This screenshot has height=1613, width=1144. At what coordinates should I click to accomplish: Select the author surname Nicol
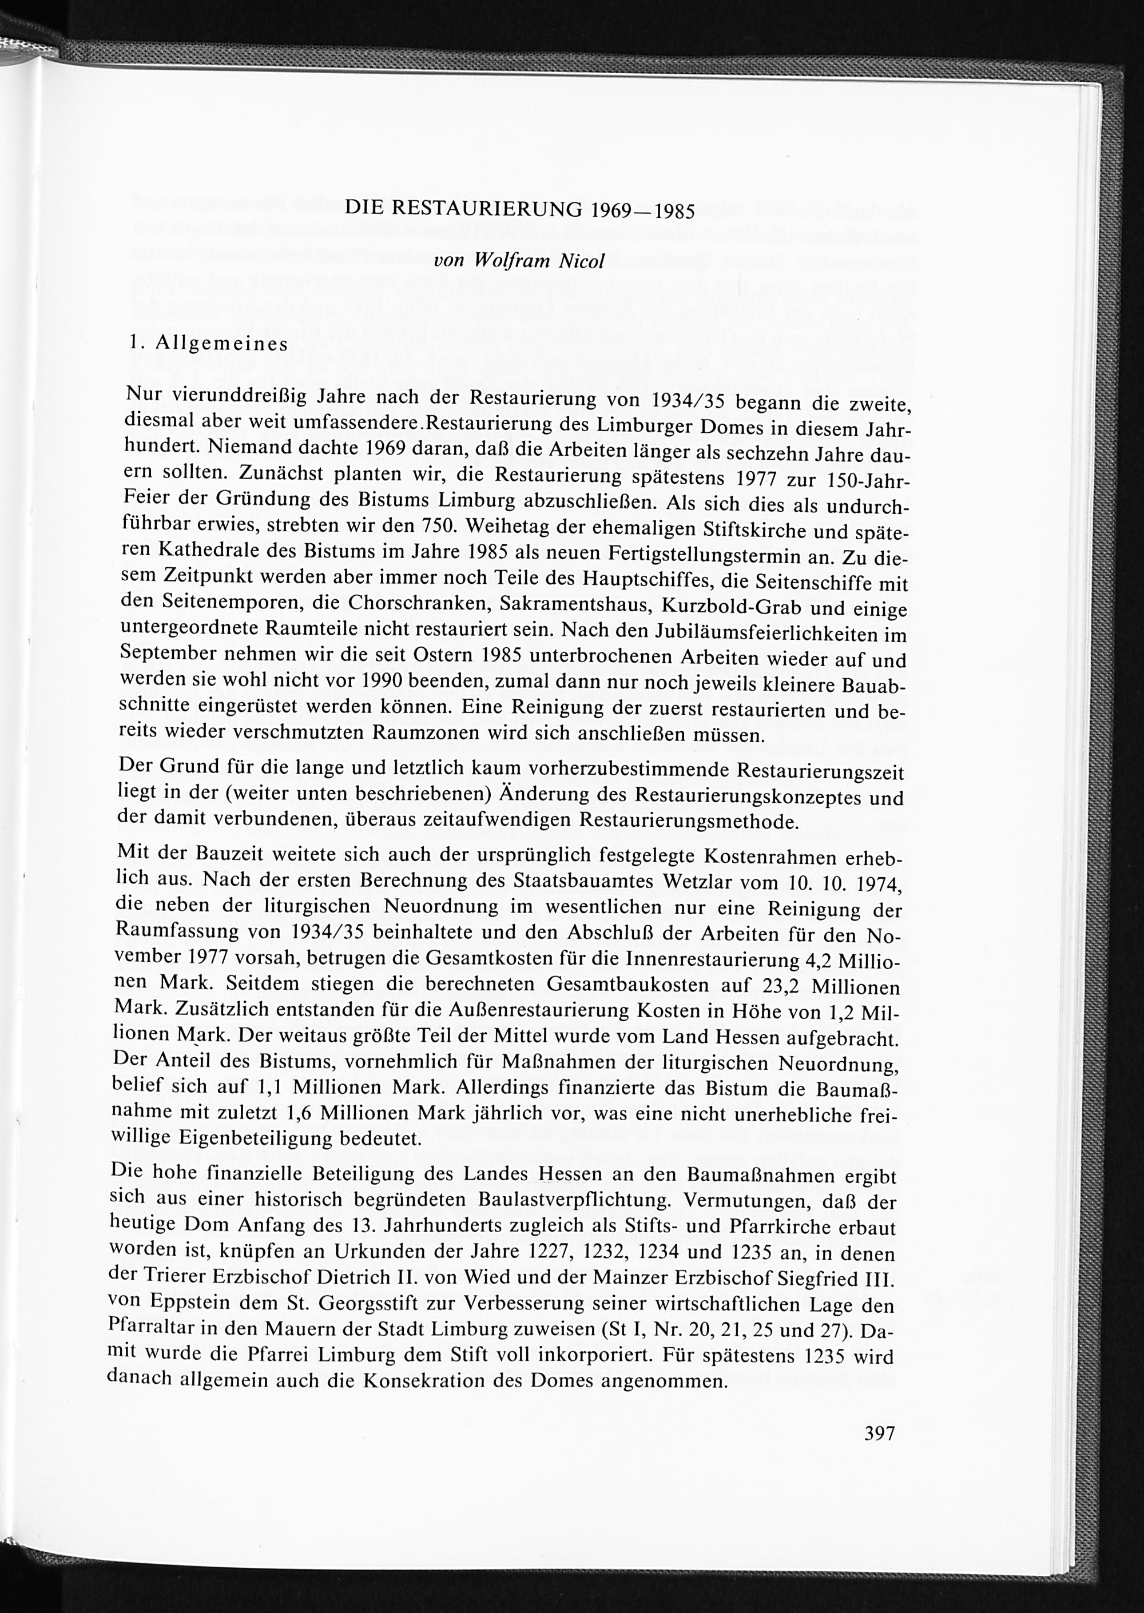click(581, 261)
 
